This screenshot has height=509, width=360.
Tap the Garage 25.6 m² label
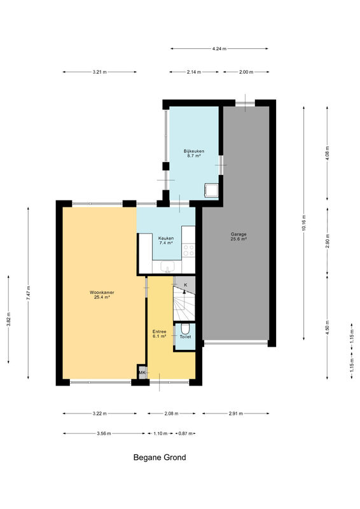tap(239, 236)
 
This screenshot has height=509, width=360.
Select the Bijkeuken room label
tap(194, 153)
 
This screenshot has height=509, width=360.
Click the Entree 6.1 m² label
tap(160, 334)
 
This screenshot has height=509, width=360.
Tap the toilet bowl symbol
tap(185, 329)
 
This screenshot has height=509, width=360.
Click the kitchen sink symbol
tap(167, 267)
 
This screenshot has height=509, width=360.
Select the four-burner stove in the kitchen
tap(188, 250)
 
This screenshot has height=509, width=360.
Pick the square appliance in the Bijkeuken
tap(211, 190)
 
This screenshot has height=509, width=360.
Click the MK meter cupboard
tap(142, 372)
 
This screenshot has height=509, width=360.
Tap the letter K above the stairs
tap(186, 284)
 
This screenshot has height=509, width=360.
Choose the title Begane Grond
tap(160, 457)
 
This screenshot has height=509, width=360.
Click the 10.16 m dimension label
tap(304, 223)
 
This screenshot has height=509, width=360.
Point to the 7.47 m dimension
tap(28, 293)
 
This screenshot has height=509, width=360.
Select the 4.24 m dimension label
tap(219, 49)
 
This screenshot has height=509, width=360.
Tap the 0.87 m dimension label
tap(185, 433)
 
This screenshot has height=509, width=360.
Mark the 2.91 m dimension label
tap(236, 414)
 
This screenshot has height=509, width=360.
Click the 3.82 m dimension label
tap(8, 319)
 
